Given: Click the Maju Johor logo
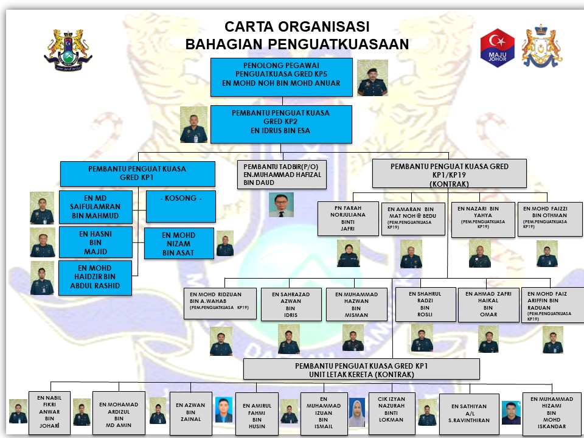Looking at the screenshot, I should [x=498, y=47].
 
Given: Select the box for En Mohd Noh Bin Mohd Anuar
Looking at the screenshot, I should [x=282, y=77].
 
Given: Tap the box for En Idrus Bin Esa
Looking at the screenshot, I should [x=280, y=122].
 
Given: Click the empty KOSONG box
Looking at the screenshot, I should [x=181, y=206].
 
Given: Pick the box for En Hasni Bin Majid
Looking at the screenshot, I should [x=96, y=242].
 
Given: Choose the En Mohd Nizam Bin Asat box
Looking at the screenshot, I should [x=179, y=243].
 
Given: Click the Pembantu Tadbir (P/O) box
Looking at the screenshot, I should [x=282, y=174].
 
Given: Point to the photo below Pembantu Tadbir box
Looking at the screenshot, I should [x=281, y=204].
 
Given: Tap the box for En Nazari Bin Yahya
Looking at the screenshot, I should [x=482, y=218].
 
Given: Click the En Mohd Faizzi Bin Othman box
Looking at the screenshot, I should [x=550, y=218].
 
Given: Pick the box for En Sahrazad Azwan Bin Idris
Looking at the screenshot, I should [x=291, y=303].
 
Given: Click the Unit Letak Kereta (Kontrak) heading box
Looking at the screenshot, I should [x=361, y=369].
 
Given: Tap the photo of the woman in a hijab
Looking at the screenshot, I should [x=357, y=412].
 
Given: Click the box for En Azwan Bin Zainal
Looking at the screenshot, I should [x=190, y=411].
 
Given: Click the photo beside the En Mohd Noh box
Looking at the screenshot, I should [x=372, y=77].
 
